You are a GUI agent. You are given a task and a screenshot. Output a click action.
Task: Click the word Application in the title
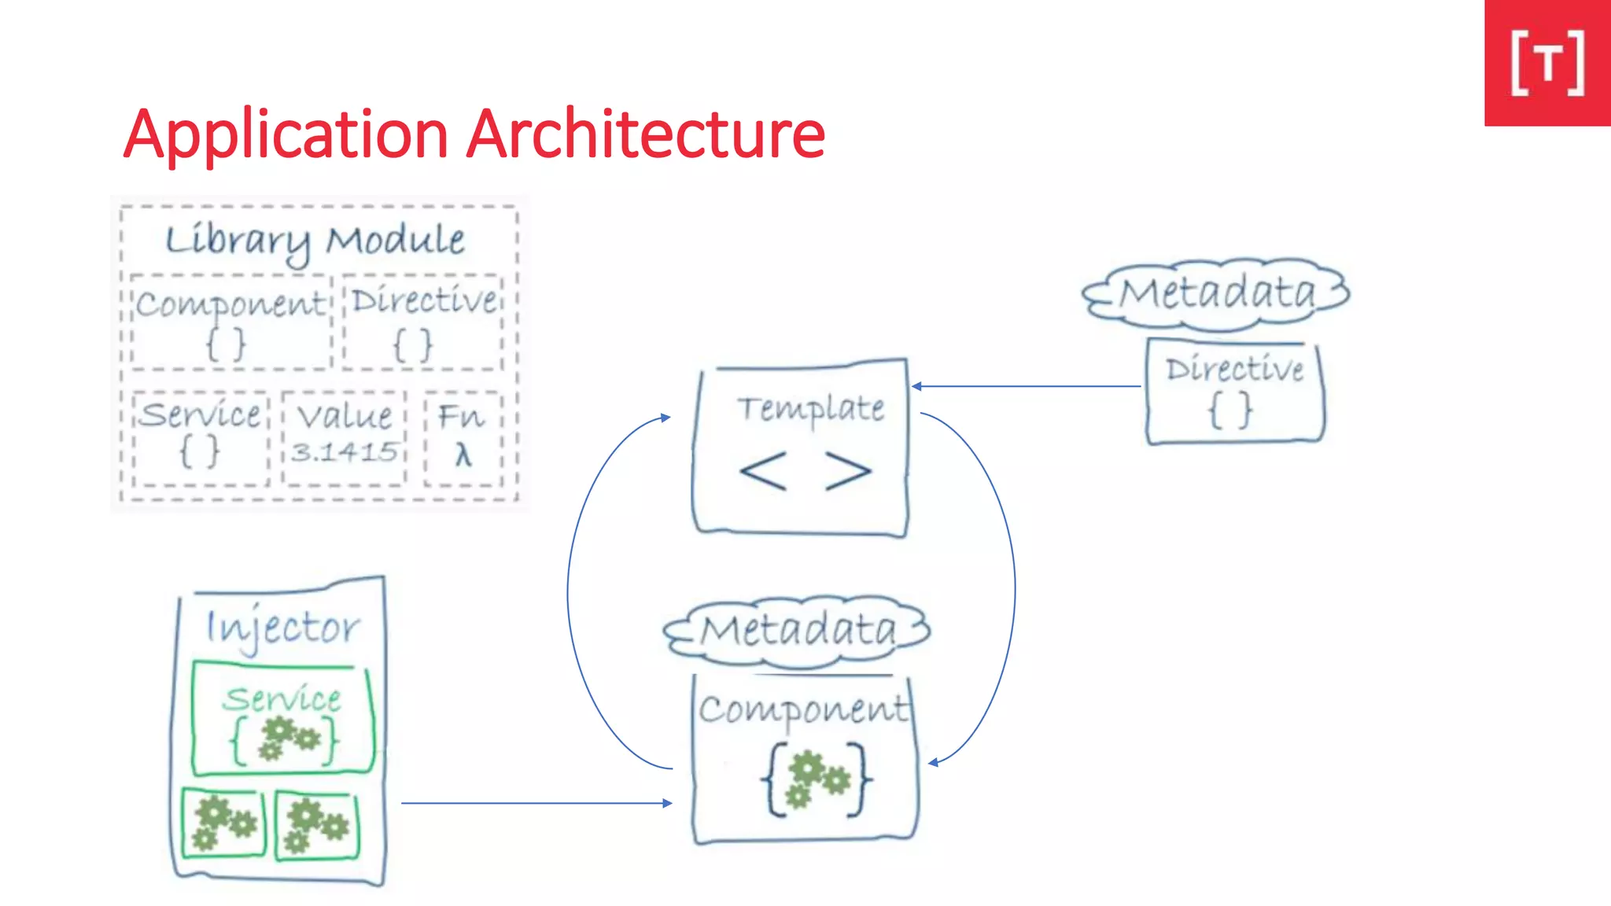[x=286, y=135]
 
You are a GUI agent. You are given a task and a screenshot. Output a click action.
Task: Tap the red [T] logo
[x=1547, y=63]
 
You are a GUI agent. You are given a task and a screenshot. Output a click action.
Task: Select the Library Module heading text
[x=315, y=240]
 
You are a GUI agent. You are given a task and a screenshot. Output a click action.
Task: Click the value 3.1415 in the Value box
[x=345, y=452]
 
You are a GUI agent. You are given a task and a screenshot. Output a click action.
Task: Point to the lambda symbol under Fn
[x=463, y=455]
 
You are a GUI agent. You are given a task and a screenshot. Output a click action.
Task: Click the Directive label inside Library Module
[x=424, y=300]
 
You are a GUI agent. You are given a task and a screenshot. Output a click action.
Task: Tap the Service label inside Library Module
[x=201, y=414]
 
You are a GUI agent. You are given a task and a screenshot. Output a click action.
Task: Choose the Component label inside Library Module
[x=230, y=304]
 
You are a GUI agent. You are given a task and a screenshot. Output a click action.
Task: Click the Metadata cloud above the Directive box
[x=1217, y=293]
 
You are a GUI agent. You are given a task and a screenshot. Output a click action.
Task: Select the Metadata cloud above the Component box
[x=798, y=630]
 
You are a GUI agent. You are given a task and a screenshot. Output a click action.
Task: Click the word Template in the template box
[x=810, y=408]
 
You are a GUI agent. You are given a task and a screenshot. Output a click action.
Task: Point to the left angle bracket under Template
[x=763, y=471]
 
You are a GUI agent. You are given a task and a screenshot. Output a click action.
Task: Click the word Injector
[x=282, y=628]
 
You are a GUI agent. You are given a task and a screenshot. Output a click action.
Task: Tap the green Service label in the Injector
[x=282, y=698]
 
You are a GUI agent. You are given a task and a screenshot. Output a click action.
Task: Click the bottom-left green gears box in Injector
[x=224, y=823]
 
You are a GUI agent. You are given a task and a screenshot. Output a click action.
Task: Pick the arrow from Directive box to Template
[x=1027, y=386]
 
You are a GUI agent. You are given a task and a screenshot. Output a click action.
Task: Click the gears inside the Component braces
[x=818, y=779]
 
